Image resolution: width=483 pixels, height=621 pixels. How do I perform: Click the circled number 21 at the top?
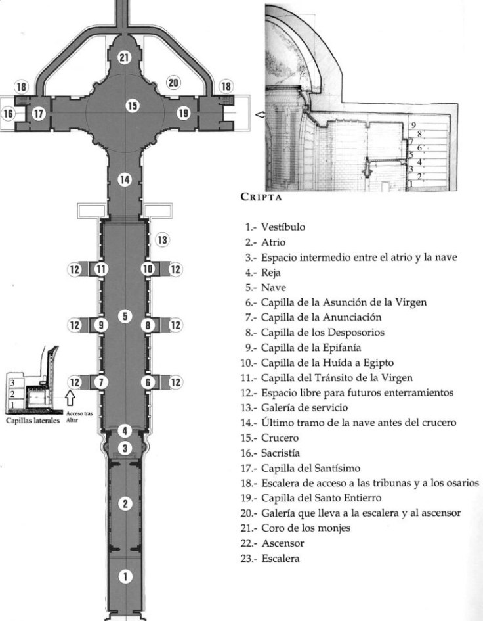pyautogui.click(x=125, y=57)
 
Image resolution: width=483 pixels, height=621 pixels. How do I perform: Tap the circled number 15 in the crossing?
pyautogui.click(x=133, y=105)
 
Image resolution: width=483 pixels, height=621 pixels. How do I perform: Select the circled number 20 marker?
pyautogui.click(x=173, y=83)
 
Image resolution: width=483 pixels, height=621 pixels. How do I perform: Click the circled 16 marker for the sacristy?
pyautogui.click(x=9, y=114)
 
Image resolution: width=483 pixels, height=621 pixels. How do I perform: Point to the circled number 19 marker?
pyautogui.click(x=183, y=114)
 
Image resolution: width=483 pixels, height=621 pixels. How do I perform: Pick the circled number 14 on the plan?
pyautogui.click(x=125, y=179)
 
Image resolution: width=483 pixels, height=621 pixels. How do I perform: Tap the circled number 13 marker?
pyautogui.click(x=162, y=241)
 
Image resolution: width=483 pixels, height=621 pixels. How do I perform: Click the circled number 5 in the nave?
pyautogui.click(x=125, y=317)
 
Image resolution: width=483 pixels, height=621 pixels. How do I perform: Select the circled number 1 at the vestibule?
pyautogui.click(x=125, y=576)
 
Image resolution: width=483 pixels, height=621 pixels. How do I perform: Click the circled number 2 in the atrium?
pyautogui.click(x=125, y=505)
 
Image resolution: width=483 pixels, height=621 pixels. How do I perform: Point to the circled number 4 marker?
pyautogui.click(x=125, y=431)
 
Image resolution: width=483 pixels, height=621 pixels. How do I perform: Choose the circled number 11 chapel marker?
pyautogui.click(x=100, y=269)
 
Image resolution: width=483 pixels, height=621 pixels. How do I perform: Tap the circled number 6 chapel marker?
pyautogui.click(x=149, y=382)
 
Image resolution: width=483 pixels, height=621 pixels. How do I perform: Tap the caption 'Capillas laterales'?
pyautogui.click(x=33, y=419)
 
